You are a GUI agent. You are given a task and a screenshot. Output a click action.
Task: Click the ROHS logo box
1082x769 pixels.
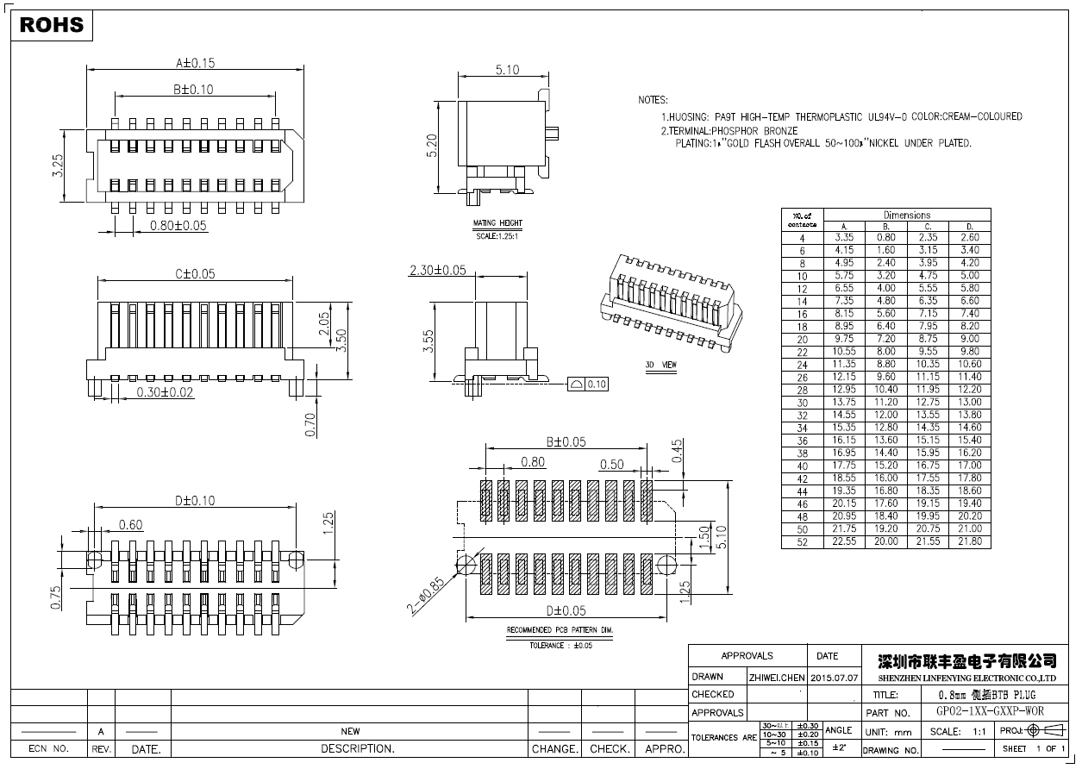tap(52, 25)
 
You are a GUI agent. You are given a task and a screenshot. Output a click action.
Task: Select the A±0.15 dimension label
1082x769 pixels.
tap(195, 63)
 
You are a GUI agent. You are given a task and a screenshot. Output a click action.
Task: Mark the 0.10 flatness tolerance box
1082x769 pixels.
tap(589, 384)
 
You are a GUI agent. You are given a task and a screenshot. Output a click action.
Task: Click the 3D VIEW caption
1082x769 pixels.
tap(661, 366)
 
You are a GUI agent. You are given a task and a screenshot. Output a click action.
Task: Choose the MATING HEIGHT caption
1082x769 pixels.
tap(498, 223)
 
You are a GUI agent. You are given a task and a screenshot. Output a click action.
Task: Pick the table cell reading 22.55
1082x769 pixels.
tap(844, 541)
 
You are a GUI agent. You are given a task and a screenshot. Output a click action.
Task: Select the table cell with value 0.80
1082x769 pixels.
tap(886, 237)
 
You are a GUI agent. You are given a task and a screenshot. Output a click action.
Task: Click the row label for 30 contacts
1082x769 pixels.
tap(803, 402)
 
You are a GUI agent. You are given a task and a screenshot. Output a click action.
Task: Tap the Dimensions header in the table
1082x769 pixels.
tap(907, 215)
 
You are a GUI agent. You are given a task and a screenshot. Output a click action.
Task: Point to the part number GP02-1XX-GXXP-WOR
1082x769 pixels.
tap(990, 712)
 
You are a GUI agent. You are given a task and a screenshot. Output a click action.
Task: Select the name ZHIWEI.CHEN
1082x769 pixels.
tap(776, 678)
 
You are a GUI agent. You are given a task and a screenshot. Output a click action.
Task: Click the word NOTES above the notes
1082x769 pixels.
tap(653, 100)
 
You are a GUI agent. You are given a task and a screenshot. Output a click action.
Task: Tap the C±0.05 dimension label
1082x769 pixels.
tap(195, 274)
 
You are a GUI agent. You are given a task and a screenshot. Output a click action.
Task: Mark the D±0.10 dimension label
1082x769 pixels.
tap(195, 500)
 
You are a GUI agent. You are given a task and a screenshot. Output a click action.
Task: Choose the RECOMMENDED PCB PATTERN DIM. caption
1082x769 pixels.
tap(560, 630)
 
